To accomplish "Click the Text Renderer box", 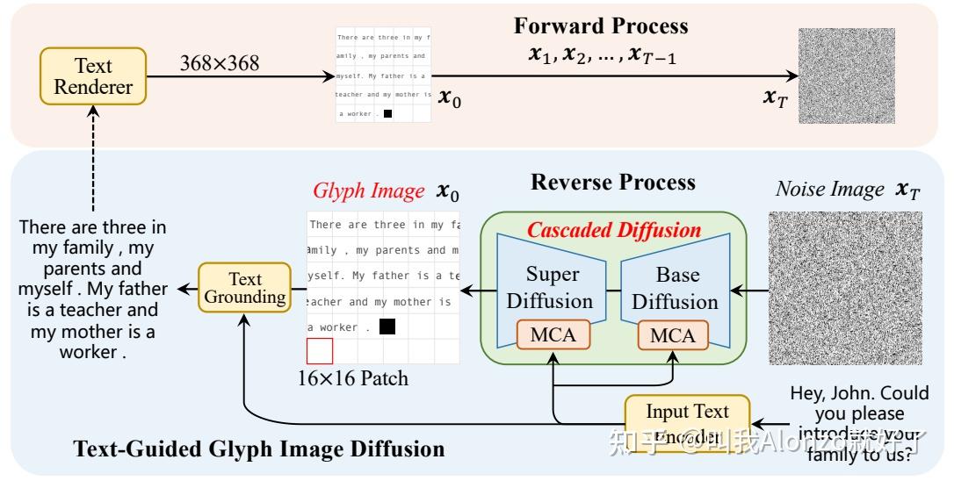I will coord(93,76).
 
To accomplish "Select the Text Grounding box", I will coord(244,288).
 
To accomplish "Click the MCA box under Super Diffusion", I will coord(552,335).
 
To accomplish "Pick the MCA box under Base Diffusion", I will coord(672,335).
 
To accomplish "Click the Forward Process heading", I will coord(601,25).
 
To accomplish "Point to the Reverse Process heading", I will coord(612,183).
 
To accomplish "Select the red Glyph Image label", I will coord(368,191).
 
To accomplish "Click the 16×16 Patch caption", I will coord(352,379).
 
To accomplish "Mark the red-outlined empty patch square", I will coord(320,351).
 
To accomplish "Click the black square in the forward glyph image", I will coord(387,113).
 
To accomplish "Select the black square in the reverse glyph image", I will coord(387,327).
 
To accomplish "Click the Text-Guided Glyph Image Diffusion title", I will coord(259,449).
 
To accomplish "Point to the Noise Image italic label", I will coord(830,190).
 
